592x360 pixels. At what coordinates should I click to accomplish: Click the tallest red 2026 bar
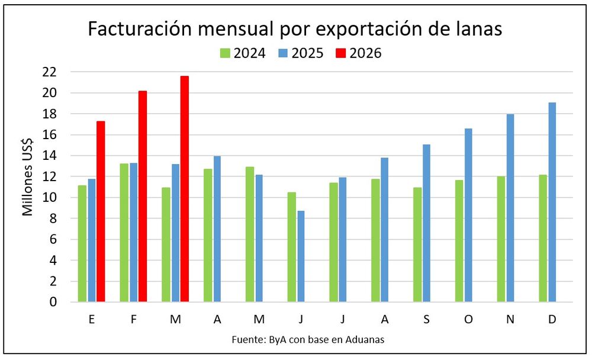[x=184, y=189]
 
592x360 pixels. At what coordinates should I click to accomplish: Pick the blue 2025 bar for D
[x=552, y=202]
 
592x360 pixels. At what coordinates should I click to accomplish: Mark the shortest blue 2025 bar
[x=301, y=256]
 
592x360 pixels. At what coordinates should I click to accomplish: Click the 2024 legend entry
[x=243, y=53]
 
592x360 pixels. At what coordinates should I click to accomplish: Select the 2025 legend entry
[x=301, y=53]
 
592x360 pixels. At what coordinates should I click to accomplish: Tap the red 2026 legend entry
[x=359, y=53]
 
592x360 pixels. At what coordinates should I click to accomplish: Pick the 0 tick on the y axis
[x=53, y=302]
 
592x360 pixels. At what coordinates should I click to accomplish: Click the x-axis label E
[x=92, y=319]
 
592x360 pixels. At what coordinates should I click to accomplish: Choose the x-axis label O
[x=468, y=319]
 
